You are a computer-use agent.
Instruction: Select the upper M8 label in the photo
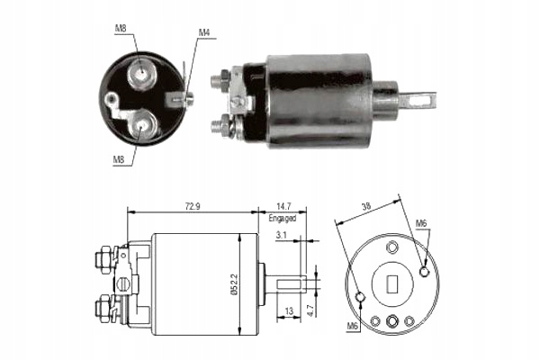[120, 28]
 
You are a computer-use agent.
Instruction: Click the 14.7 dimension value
[283, 206]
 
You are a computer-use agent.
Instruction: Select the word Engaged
[283, 219]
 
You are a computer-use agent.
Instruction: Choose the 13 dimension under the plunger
[288, 311]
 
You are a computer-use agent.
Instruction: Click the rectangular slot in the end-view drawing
[391, 284]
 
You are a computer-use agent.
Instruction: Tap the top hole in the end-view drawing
[391, 246]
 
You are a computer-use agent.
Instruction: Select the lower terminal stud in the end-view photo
[142, 123]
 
